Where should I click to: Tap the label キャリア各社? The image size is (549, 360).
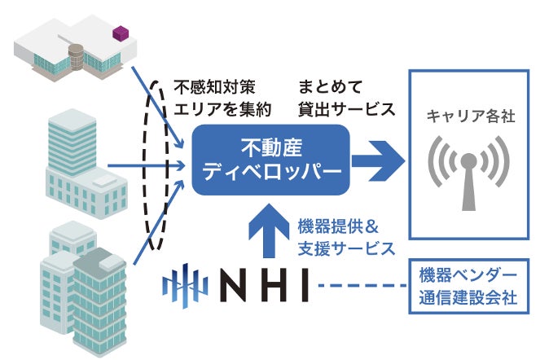coord(471,117)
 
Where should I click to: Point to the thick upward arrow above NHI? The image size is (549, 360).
coord(270,233)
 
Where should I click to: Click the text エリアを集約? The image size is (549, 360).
coord(221,108)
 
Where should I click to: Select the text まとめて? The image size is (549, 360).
coord(329,86)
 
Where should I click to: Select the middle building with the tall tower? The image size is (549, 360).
coord(78,163)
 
